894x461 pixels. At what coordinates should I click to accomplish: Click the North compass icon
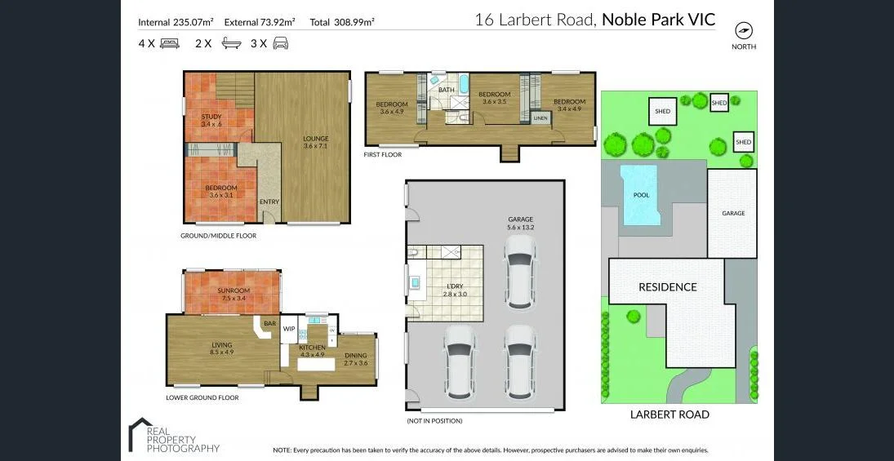pyautogui.click(x=743, y=31)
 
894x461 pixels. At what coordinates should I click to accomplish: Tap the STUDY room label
pyautogui.click(x=211, y=117)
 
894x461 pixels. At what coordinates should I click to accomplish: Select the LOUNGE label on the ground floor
pyautogui.click(x=315, y=138)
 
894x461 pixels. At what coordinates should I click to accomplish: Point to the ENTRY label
pyautogui.click(x=269, y=202)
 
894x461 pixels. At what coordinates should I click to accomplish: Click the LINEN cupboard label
pyautogui.click(x=540, y=118)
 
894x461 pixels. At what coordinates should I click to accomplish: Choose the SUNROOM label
pyautogui.click(x=234, y=290)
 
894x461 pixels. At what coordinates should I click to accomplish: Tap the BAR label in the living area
pyautogui.click(x=269, y=323)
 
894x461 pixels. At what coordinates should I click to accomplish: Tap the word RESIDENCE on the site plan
pyautogui.click(x=667, y=287)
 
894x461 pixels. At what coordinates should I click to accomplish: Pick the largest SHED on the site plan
pyautogui.click(x=662, y=112)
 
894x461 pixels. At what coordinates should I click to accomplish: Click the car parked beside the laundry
pyautogui.click(x=519, y=273)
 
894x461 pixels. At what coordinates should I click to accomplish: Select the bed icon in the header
pyautogui.click(x=170, y=44)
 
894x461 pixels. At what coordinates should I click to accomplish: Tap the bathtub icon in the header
pyautogui.click(x=231, y=44)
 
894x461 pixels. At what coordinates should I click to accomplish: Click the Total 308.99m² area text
pyautogui.click(x=342, y=22)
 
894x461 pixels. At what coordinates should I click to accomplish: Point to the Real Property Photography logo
pyautogui.click(x=174, y=436)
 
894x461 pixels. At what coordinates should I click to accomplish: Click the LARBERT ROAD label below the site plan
pyautogui.click(x=669, y=414)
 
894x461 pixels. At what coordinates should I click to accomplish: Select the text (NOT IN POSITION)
pyautogui.click(x=434, y=421)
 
